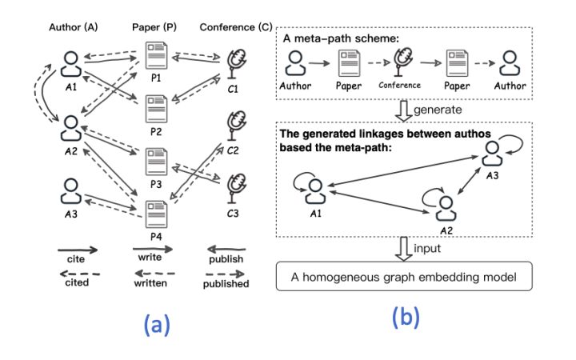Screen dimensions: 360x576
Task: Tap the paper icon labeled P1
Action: click(x=156, y=59)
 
